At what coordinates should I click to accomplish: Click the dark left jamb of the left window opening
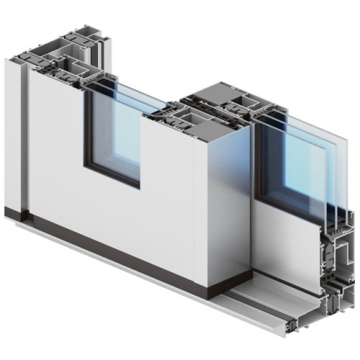(87, 130)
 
